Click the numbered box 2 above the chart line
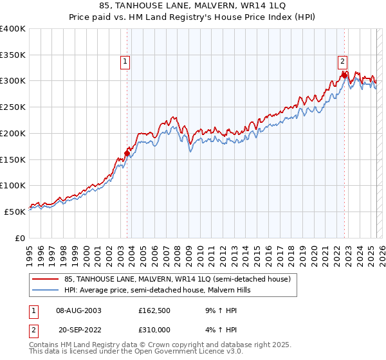[x=342, y=62]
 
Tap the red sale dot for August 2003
[x=127, y=153]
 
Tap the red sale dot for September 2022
[x=345, y=75]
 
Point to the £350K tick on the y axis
[x=14, y=55]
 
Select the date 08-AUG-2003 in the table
[x=79, y=310]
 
